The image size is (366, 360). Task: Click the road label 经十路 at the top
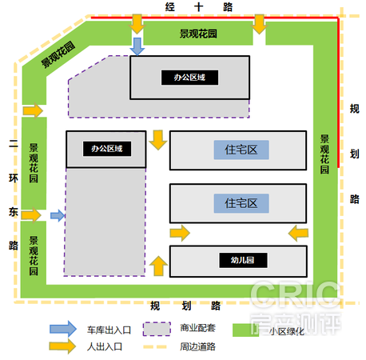[x=199, y=7]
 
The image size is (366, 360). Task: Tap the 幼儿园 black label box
[x=243, y=260]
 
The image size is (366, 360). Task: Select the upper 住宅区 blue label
[x=241, y=150]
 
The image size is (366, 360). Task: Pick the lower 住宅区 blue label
[x=241, y=203]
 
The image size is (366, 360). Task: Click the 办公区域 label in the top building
[x=189, y=78]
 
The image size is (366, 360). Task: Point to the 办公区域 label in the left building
[x=107, y=149]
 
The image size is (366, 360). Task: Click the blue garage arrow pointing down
[x=137, y=46]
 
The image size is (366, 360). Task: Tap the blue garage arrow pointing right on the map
[x=58, y=215]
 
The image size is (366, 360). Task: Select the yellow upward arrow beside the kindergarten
[x=158, y=266]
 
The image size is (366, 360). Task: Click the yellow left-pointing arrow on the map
[x=298, y=233]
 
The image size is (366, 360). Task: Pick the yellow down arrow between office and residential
[x=158, y=140]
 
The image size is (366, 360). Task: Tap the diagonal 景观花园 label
[x=58, y=54]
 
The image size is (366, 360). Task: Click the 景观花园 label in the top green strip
[x=198, y=34]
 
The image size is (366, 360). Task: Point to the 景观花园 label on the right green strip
[x=324, y=154]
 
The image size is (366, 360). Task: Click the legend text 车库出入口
[x=109, y=330]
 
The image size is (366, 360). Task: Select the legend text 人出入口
[x=105, y=346]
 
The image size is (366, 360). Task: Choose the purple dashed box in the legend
[x=157, y=329]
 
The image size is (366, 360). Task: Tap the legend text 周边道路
[x=197, y=346]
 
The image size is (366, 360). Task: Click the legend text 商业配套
[x=197, y=328]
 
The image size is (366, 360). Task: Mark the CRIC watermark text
[x=295, y=295]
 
